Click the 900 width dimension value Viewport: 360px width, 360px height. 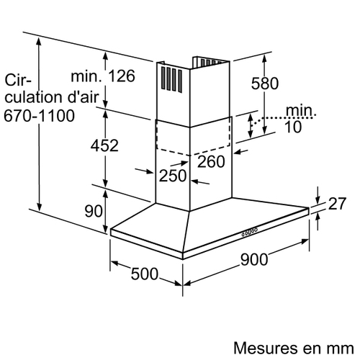[254, 259]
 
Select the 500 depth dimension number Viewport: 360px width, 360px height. [145, 274]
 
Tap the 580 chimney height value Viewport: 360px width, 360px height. [265, 84]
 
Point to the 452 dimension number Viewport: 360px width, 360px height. [104, 145]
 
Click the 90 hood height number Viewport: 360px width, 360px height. [94, 211]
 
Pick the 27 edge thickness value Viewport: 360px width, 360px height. [337, 204]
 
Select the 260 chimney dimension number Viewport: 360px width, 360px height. [211, 161]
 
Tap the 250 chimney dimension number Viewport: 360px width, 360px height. [173, 176]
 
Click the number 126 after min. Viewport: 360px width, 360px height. [122, 76]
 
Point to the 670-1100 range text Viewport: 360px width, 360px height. [39, 116]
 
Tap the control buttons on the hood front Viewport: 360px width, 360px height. [250, 232]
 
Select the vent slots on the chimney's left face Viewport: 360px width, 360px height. [171, 79]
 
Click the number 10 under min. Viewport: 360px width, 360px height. [293, 127]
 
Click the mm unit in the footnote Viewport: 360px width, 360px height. [341, 349]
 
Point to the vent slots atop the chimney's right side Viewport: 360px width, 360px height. [211, 62]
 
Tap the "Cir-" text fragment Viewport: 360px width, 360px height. [18, 80]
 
